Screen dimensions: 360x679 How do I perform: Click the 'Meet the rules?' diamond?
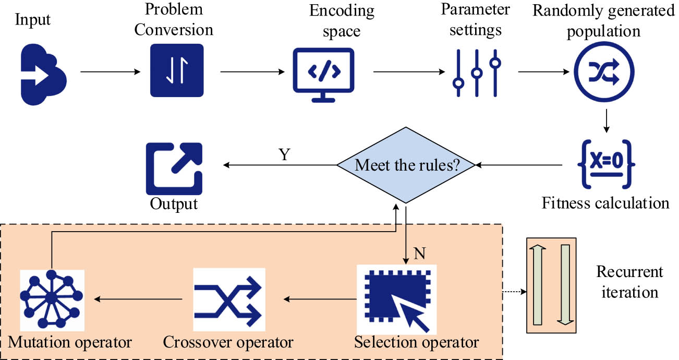click(406, 166)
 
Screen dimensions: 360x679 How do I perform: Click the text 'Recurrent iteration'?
click(629, 282)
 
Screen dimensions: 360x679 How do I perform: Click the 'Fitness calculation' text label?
click(605, 202)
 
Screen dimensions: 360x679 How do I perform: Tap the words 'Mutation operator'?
click(69, 343)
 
